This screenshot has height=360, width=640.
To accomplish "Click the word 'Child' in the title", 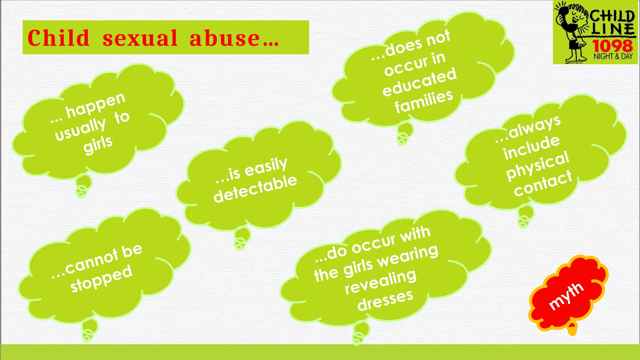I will (58, 38).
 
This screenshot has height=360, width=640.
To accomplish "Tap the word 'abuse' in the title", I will (225, 38).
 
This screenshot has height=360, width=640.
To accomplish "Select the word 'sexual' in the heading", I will (140, 38).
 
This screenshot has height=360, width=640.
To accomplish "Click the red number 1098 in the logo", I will (612, 46).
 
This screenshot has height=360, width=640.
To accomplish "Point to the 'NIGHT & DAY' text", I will (613, 57).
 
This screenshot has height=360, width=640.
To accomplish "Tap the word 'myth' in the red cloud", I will (566, 296).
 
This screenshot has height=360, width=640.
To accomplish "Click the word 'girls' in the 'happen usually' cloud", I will (98, 144).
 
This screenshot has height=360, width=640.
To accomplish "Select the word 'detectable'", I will (255, 188).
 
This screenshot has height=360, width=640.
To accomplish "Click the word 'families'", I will (424, 101).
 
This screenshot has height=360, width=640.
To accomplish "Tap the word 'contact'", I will (543, 184).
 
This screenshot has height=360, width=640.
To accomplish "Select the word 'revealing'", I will (381, 282).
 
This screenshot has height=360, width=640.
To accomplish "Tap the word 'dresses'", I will (385, 300).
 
